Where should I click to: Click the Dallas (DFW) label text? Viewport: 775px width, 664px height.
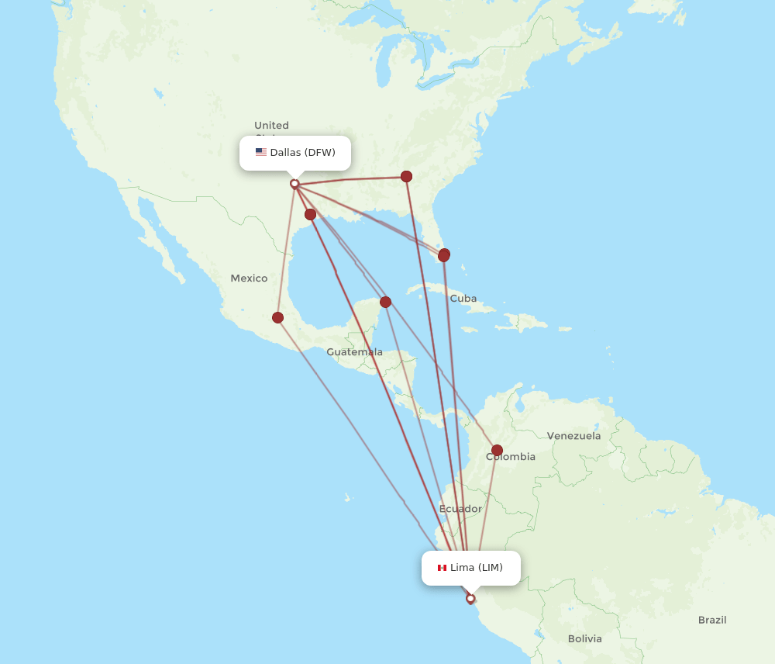[302, 153]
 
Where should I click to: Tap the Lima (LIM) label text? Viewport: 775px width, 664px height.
[476, 568]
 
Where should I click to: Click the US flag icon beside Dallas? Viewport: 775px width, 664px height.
[261, 153]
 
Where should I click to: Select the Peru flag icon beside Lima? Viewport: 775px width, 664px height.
[442, 568]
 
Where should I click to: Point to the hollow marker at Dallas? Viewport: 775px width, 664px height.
[294, 184]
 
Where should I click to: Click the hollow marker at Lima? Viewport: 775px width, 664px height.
[470, 598]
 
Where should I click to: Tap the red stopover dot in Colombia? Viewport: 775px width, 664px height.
[497, 450]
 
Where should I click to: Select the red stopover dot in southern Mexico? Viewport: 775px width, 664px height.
[277, 317]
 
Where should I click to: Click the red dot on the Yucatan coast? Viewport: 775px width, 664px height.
[385, 302]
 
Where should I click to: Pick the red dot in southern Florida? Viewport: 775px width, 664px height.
[444, 255]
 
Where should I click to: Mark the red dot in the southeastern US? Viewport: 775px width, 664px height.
[406, 176]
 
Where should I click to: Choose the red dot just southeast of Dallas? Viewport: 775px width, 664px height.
[310, 214]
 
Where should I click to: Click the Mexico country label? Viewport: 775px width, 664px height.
[249, 278]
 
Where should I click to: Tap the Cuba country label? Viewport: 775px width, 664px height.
[463, 299]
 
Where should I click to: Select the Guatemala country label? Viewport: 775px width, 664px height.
[354, 352]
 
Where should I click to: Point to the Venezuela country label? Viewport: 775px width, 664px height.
[573, 436]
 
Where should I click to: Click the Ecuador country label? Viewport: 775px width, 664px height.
[460, 509]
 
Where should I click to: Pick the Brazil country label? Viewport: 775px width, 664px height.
[712, 620]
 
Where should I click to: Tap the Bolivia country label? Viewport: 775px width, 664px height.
[584, 639]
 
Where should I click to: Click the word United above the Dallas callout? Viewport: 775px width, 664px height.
[271, 126]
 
